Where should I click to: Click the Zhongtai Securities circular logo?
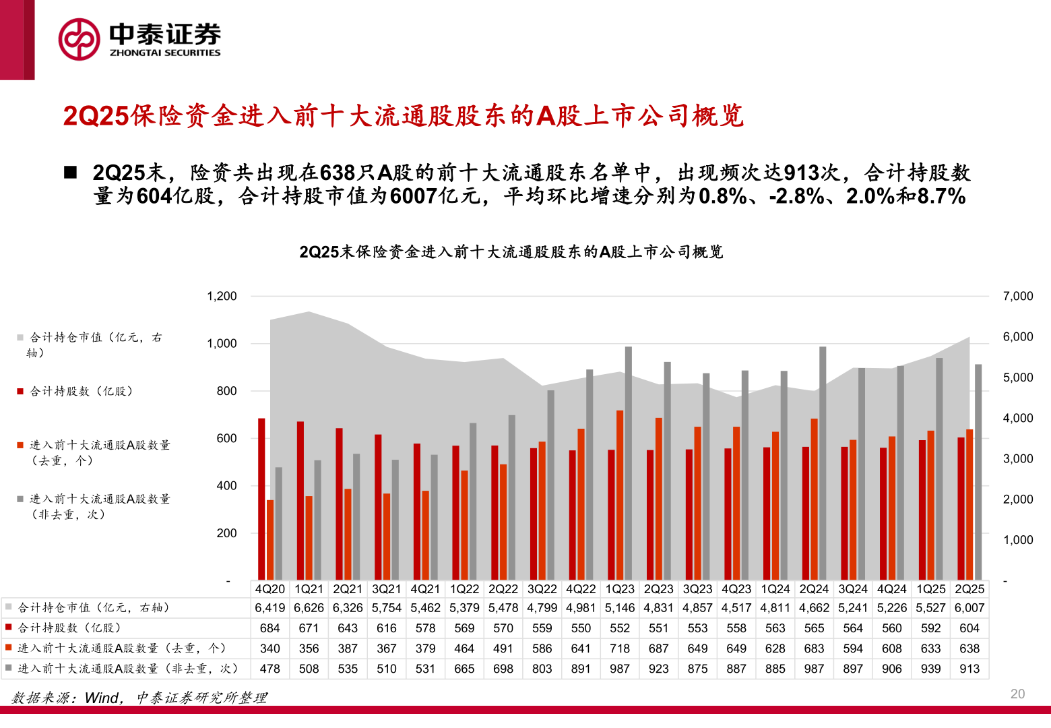(x=79, y=39)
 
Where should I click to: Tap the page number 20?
(x=1017, y=694)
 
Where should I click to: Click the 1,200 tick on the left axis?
(x=222, y=296)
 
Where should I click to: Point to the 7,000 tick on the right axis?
(x=1017, y=296)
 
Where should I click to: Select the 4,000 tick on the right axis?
(x=1017, y=418)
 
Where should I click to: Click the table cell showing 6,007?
(x=969, y=608)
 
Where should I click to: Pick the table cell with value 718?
(x=620, y=648)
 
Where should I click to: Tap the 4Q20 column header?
(x=270, y=589)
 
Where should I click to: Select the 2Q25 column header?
(x=969, y=589)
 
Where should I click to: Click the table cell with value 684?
(x=270, y=628)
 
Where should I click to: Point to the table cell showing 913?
(x=969, y=669)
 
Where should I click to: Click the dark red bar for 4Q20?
(x=261, y=499)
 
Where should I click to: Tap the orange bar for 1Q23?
(x=620, y=495)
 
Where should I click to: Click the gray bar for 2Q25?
(x=978, y=472)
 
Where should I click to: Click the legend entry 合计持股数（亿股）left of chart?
(x=81, y=391)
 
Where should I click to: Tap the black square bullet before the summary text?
(x=71, y=173)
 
